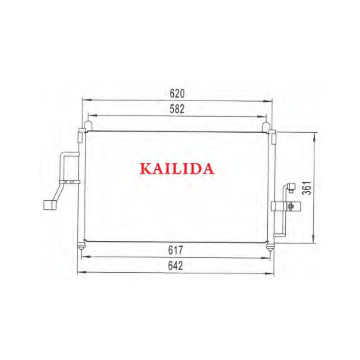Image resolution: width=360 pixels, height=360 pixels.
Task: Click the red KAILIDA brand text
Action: tap(177, 169)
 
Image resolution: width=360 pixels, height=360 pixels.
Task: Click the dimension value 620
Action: tap(177, 94)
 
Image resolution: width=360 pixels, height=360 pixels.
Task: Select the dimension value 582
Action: tap(177, 109)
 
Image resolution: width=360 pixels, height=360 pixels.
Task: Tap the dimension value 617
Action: tap(175, 250)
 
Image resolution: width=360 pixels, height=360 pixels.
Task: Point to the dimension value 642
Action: tap(175, 265)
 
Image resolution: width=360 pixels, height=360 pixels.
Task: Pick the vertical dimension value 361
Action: tap(307, 188)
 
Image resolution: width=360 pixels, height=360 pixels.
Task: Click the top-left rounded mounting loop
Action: tap(88, 126)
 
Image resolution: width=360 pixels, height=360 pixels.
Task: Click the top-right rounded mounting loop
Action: tap(266, 126)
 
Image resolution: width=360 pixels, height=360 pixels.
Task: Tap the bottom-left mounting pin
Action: tap(81, 246)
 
